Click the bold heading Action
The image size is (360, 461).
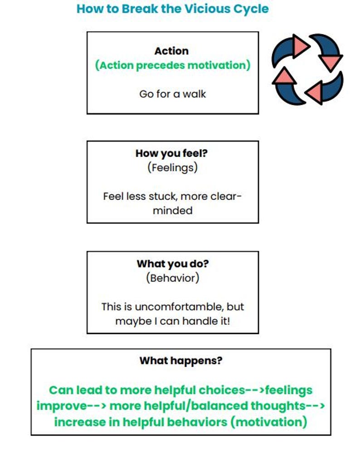pyautogui.click(x=171, y=51)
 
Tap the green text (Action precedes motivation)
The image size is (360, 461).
pyautogui.click(x=173, y=65)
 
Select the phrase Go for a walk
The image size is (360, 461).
pyautogui.click(x=173, y=94)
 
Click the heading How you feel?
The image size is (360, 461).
pyautogui.click(x=171, y=153)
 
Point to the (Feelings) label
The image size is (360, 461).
pyautogui.click(x=173, y=168)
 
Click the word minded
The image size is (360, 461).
pyautogui.click(x=173, y=210)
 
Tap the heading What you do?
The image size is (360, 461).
pyautogui.click(x=173, y=264)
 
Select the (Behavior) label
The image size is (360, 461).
pyautogui.click(x=173, y=278)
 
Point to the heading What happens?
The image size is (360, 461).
pyautogui.click(x=181, y=361)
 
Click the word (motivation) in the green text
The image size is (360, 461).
pyautogui.click(x=269, y=422)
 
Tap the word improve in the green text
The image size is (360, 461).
pyautogui.click(x=62, y=406)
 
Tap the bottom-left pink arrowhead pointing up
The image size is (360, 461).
pyautogui.click(x=284, y=76)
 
